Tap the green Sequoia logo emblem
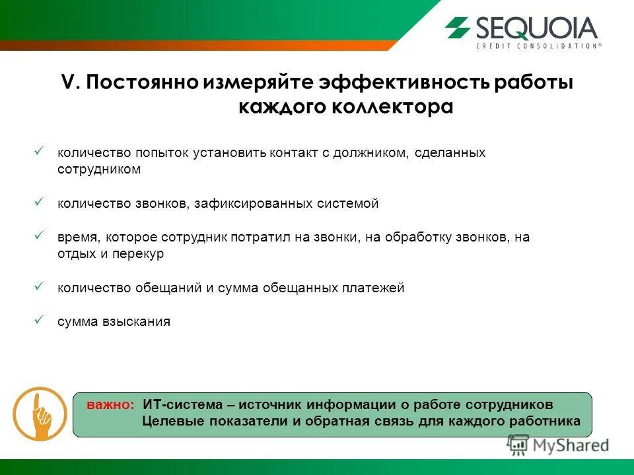458,28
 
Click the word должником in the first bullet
371,153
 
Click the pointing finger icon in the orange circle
40,414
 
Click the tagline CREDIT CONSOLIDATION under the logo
538,46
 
